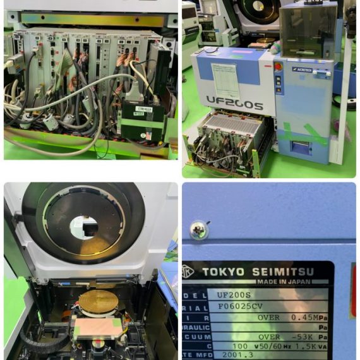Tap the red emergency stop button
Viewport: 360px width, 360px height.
coord(278,66)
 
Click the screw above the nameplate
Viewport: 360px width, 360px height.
coord(199,231)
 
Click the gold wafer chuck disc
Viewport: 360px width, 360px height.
coord(97,303)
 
